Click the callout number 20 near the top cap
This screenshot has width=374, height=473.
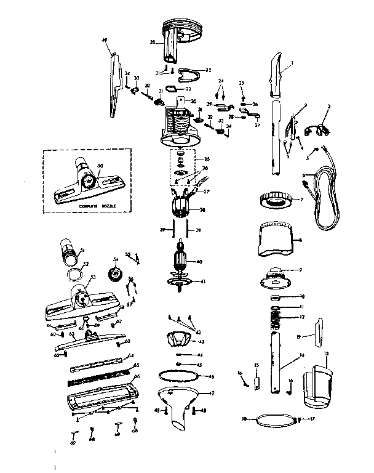coord(152,42)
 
